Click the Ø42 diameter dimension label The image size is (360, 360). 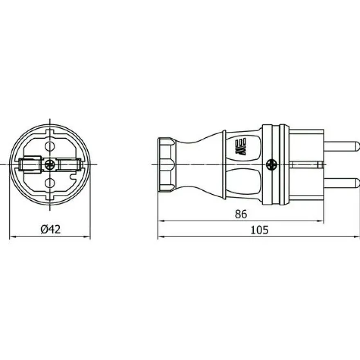[50, 229]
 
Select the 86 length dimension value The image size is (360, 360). [241, 214]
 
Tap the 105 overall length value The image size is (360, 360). [259, 230]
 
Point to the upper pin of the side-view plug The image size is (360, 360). [342, 146]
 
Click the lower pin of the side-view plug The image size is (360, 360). [342, 183]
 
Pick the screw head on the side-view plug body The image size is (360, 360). [271, 165]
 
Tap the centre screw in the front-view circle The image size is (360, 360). [49, 164]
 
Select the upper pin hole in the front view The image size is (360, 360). [50, 146]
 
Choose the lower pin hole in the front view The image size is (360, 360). [50, 183]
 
